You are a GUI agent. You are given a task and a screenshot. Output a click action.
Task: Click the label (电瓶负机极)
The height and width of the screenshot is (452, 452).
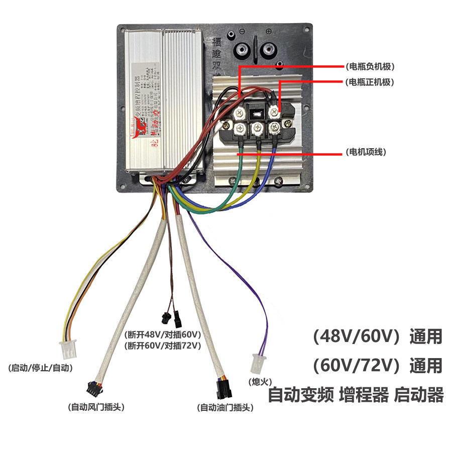click(368, 66)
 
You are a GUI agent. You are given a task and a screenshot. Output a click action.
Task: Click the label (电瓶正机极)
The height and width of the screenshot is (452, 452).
click(368, 81)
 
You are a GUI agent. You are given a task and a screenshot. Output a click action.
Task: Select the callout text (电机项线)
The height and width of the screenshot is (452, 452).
click(366, 152)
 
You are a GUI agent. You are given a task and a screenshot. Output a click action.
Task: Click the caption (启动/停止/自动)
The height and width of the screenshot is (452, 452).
click(41, 368)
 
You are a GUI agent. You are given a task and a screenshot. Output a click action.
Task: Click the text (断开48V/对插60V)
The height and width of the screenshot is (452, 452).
click(162, 334)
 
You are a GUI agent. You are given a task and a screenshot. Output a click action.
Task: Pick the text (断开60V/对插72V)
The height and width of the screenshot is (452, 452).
click(162, 346)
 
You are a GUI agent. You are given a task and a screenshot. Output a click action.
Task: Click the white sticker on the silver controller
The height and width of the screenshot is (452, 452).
click(146, 105)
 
